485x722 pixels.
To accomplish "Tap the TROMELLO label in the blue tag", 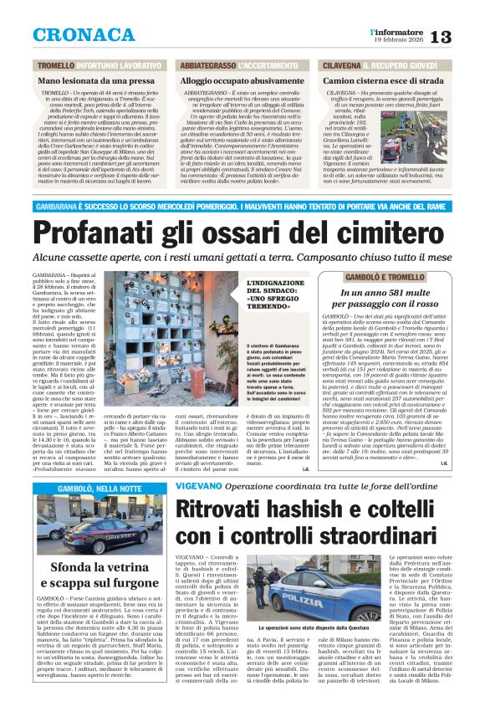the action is pos(56,64).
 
